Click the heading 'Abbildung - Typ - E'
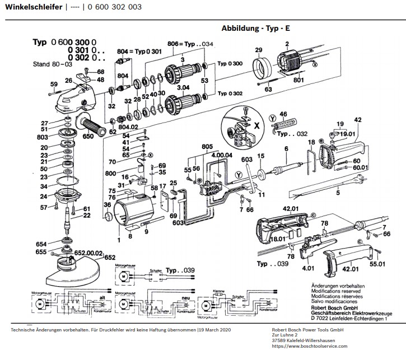[x=256, y=28]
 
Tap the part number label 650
[x=88, y=135]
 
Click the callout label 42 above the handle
[x=358, y=119]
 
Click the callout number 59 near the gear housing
[x=54, y=85]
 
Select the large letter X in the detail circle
[x=256, y=126]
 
